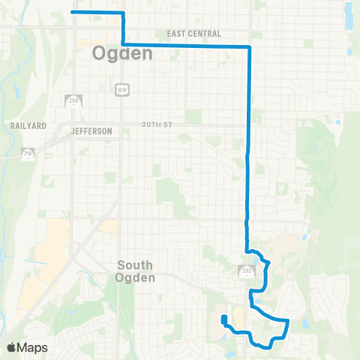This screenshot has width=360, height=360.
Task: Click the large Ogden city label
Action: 122,54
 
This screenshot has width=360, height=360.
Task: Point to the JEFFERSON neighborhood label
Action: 91,131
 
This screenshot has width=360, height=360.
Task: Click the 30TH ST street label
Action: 156,124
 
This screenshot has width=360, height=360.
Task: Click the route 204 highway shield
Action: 73,102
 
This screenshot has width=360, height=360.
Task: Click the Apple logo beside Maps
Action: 11,347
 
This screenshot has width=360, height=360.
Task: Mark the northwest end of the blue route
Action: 72,12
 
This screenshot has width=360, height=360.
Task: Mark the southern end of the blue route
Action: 223,318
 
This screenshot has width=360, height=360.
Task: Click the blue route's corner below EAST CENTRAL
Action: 248,47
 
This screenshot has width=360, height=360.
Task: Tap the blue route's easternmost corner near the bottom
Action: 288,321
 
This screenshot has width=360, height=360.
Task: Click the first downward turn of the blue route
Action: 122,13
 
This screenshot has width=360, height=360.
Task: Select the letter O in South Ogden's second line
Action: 124,278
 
